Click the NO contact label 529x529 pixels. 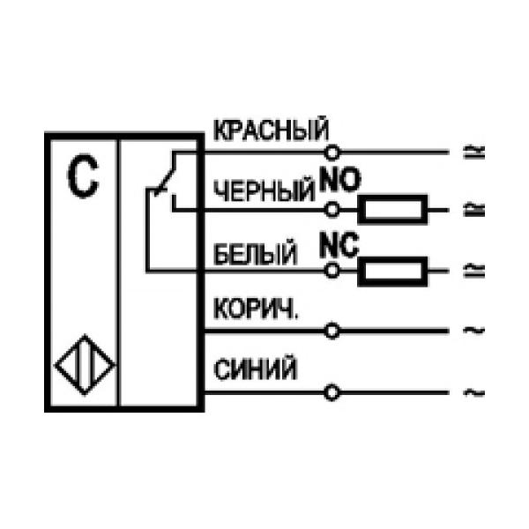(340, 182)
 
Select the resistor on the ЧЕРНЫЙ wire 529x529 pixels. (392, 210)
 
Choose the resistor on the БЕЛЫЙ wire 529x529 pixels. (392, 271)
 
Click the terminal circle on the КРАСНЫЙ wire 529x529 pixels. (332, 151)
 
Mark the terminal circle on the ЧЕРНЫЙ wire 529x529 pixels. (332, 210)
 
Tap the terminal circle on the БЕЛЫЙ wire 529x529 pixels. (332, 271)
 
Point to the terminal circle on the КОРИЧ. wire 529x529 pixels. (332, 332)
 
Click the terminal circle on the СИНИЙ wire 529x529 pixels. (332, 391)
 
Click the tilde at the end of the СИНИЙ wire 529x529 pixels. (469, 391)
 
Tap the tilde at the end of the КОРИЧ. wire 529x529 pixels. (469, 332)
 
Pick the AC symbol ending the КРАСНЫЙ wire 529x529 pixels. (469, 151)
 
